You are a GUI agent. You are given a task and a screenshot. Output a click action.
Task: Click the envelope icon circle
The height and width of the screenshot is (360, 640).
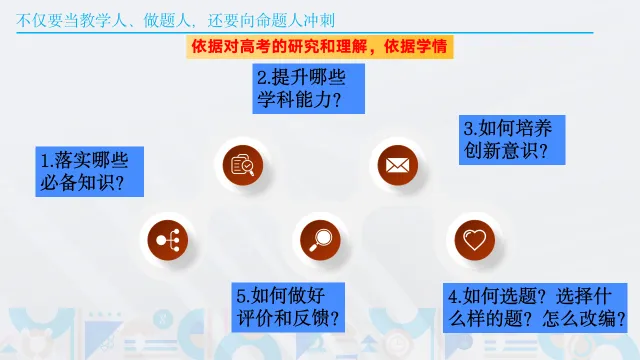click(398, 165)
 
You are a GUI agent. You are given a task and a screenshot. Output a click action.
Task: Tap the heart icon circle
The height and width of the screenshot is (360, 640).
click(475, 240)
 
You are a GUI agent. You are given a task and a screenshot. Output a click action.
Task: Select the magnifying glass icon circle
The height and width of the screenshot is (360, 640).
click(320, 240)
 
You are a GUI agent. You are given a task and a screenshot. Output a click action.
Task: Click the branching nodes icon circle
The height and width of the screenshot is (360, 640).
click(168, 240)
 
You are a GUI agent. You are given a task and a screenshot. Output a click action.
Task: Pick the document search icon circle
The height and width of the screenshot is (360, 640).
click(243, 165)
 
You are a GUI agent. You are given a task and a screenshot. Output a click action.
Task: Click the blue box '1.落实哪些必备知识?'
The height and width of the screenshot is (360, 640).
click(89, 171)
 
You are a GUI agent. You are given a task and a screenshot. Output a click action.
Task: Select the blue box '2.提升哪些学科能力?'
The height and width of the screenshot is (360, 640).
click(308, 89)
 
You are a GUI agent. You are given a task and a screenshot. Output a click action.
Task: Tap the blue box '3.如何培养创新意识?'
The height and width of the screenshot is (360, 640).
click(512, 140)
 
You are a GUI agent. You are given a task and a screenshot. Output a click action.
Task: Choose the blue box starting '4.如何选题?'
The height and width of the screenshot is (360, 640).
click(535, 308)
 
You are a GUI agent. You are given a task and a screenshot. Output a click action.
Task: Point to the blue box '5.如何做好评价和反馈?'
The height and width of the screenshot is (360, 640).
click(288, 307)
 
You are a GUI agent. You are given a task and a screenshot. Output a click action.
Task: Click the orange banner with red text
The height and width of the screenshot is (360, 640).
click(320, 47)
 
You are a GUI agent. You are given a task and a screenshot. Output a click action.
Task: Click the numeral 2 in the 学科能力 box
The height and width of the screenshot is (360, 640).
click(261, 78)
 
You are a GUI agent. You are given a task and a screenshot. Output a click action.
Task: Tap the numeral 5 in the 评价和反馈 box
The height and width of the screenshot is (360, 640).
click(241, 296)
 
